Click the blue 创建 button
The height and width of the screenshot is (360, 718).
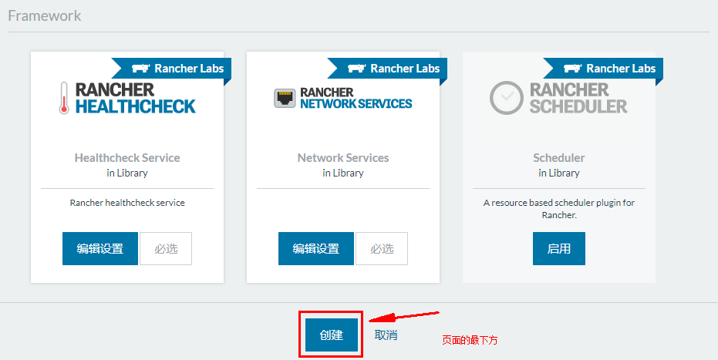point(331,335)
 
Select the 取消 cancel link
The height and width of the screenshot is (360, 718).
point(386,335)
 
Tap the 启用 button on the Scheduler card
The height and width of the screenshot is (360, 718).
point(558,249)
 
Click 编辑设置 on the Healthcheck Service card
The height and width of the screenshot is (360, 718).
point(100,249)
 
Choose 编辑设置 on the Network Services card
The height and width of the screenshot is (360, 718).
point(316,249)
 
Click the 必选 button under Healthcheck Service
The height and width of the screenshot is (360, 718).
point(166,249)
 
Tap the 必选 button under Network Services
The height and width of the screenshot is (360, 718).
point(382,249)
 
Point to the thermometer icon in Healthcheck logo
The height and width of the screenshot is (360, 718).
point(64,99)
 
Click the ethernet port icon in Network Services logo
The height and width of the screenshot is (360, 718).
point(285,98)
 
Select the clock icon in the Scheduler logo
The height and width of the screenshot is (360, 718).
point(506,98)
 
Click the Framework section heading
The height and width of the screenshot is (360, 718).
point(44,15)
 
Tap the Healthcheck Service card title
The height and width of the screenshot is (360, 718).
point(127,158)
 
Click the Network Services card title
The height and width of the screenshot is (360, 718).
point(343,158)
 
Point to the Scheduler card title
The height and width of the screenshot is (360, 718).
point(559,158)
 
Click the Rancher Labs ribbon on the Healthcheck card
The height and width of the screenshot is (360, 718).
point(177,69)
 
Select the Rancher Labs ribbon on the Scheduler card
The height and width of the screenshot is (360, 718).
point(609,69)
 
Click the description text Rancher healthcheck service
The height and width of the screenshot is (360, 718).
point(127,203)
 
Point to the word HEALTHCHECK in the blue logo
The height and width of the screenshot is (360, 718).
point(136,106)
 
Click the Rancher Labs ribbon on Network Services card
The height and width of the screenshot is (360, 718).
point(393,69)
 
